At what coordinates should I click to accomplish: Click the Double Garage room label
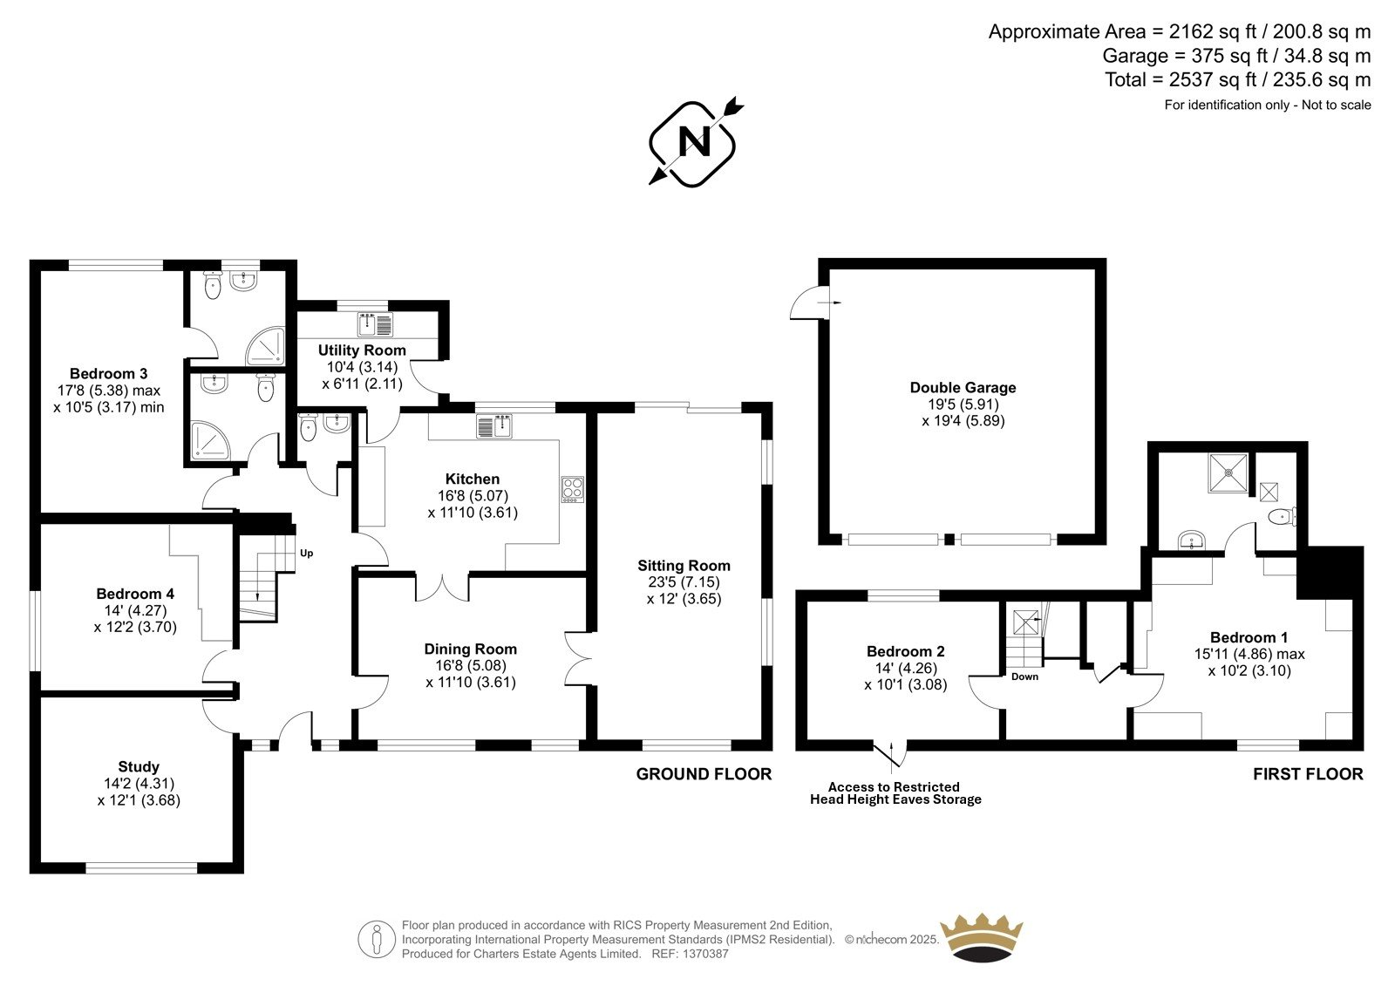[x=963, y=387]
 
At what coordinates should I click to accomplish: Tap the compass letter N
[x=694, y=142]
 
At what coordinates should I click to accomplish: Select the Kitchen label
[x=472, y=479]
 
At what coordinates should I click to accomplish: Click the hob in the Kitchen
[x=572, y=490]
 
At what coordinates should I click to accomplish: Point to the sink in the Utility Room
[x=376, y=324]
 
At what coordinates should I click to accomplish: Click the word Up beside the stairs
[x=306, y=553]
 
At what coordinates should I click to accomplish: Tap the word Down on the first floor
[x=1024, y=677]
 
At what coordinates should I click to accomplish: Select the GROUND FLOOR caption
[x=704, y=773]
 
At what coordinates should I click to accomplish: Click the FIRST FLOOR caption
[x=1308, y=773]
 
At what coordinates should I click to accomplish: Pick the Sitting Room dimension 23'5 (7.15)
[x=684, y=582]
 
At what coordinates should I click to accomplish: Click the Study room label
[x=139, y=767]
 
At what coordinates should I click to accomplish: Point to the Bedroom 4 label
[x=135, y=594]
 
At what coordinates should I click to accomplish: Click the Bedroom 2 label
[x=906, y=651]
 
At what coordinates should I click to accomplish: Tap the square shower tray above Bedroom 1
[x=1228, y=473]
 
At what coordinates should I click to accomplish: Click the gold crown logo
[x=982, y=938]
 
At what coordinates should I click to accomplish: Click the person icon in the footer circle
[x=376, y=939]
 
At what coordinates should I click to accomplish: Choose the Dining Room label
[x=471, y=649]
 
